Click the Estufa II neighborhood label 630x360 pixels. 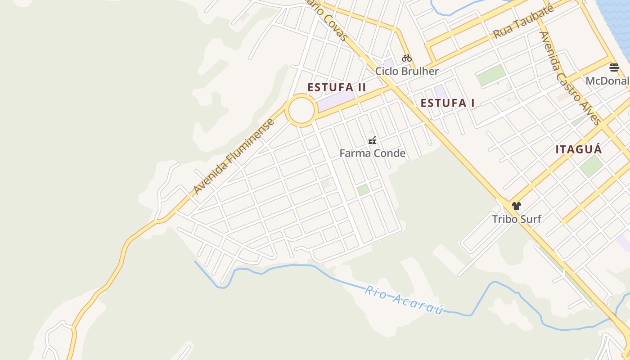coord(337,87)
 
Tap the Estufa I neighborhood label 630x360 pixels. coord(447,103)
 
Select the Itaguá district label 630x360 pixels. coord(578,149)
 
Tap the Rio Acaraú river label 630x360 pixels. coord(404,300)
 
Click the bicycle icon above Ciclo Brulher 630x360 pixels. coord(407,58)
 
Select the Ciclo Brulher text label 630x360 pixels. coord(407,71)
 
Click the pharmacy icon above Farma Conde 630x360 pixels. coord(372,140)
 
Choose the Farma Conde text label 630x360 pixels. coord(372,153)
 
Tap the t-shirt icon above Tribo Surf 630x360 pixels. coord(516,206)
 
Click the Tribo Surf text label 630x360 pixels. coord(516,219)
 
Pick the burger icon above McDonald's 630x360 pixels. coord(614,67)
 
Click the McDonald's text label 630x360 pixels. coord(607,81)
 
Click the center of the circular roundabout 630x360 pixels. coord(301,110)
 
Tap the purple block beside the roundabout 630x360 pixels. coord(336,100)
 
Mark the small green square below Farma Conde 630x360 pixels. coord(363,190)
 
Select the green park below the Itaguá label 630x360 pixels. coord(591,166)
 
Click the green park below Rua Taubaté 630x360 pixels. coord(491,75)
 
